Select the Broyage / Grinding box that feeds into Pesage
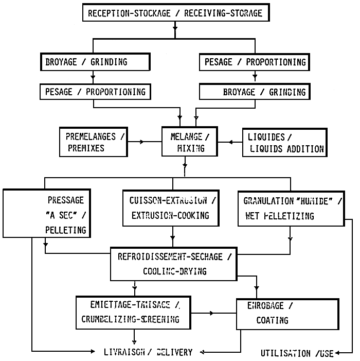click(95, 62)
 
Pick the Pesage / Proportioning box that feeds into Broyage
click(255, 62)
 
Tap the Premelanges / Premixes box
click(93, 142)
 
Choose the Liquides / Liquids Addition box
click(284, 143)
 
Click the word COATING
click(272, 320)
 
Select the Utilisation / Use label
click(297, 353)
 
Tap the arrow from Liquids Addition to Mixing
click(223, 141)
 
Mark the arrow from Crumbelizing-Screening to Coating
click(210, 313)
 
